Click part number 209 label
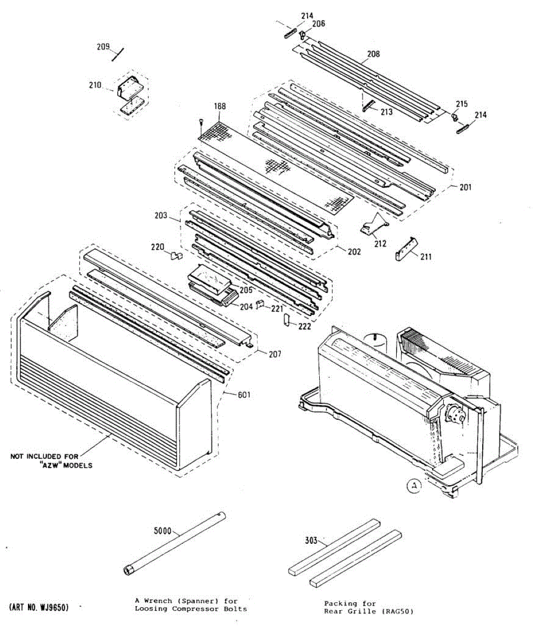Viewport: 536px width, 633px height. click(x=103, y=46)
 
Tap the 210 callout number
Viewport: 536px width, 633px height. click(x=95, y=84)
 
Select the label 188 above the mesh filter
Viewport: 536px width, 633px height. click(x=219, y=107)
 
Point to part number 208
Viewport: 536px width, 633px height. click(x=374, y=54)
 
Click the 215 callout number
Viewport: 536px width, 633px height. click(x=462, y=104)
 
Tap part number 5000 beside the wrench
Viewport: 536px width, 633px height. click(x=162, y=531)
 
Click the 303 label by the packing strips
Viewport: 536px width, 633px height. click(x=311, y=540)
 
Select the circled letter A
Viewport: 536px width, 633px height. click(x=415, y=486)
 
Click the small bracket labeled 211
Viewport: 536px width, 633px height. click(x=406, y=249)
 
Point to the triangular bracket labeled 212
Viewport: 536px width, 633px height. click(x=374, y=225)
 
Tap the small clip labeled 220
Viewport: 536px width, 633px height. click(x=176, y=256)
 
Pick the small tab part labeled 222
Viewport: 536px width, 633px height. click(x=287, y=320)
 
